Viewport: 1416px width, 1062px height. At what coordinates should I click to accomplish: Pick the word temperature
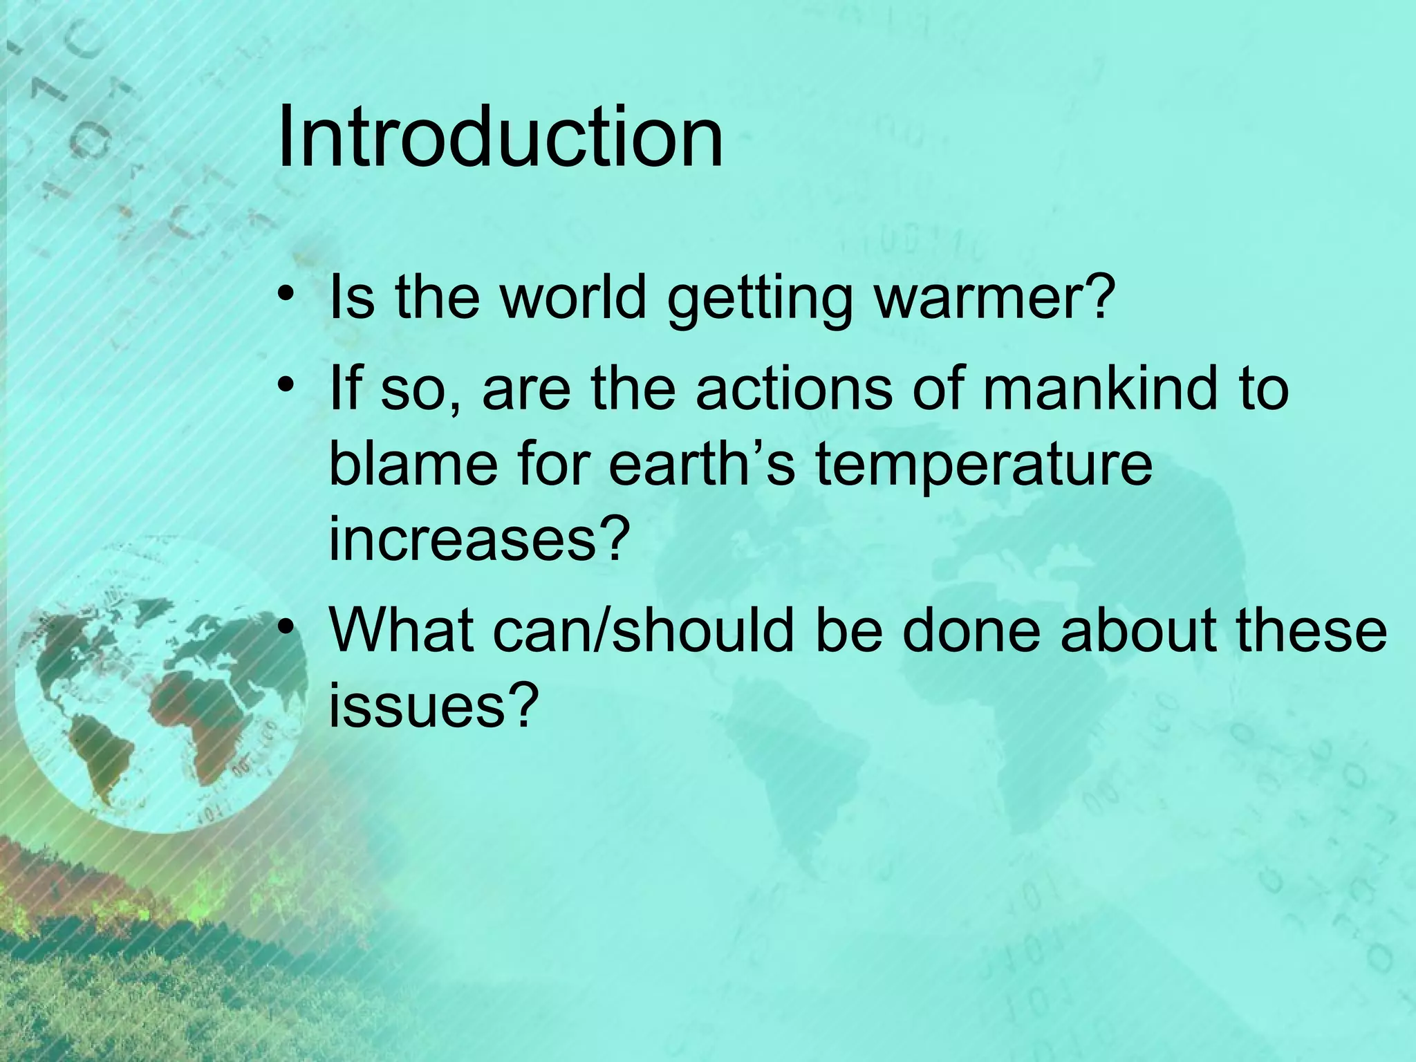[x=983, y=465]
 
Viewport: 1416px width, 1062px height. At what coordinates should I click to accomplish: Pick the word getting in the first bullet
[x=760, y=299]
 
